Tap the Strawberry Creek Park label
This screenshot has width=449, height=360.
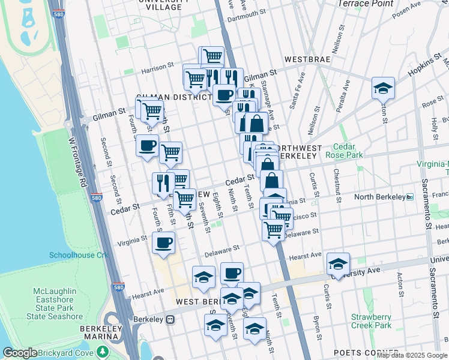(371, 321)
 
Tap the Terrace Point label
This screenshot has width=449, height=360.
(366, 4)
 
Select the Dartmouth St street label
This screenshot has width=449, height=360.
(246, 13)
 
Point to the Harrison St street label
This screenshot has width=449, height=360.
(158, 68)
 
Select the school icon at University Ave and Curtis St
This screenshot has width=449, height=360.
(338, 263)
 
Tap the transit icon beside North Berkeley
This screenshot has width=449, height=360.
(411, 197)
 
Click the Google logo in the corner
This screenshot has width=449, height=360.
(20, 353)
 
